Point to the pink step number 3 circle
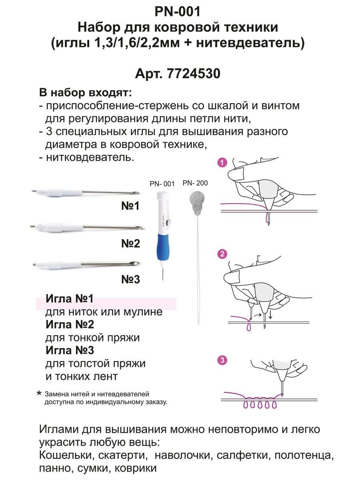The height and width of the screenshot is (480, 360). coord(223,360)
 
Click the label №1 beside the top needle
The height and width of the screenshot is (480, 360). coord(130,206)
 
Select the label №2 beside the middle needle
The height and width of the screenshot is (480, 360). coord(130,243)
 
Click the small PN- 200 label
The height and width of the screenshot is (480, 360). coord(195,183)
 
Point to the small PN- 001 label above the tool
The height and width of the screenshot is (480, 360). coord(162,184)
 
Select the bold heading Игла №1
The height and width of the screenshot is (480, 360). coord(70,299)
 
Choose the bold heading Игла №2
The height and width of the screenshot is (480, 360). coord(70,324)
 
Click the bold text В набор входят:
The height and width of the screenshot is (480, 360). coord(85,93)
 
